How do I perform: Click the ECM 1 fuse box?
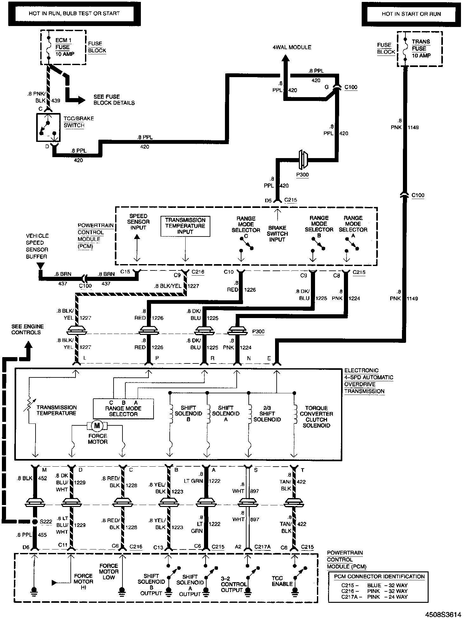pos(63,47)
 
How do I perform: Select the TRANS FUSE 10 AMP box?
pos(419,49)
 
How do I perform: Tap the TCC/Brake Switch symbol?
pos(48,127)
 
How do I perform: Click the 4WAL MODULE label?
pos(292,47)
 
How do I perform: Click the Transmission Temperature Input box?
pos(185,226)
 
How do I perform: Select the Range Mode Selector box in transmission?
pos(123,409)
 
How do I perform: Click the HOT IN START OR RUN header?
pos(411,14)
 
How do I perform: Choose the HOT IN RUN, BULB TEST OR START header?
pos(74,14)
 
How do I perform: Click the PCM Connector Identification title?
pos(379,576)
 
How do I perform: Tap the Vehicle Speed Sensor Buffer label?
pos(37,246)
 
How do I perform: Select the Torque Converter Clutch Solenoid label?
pos(316,416)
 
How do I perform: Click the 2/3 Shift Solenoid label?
pos(267,414)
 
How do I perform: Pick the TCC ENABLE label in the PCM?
pos(282,581)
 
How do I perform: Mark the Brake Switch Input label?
pos(277,234)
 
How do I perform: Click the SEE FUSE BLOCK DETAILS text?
pos(114,100)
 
